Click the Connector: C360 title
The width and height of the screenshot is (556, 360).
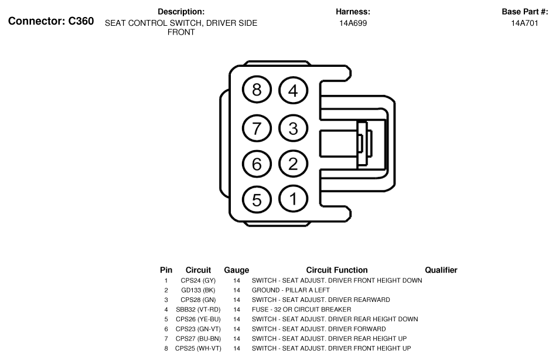click(51, 21)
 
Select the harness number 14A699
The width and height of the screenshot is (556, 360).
click(353, 23)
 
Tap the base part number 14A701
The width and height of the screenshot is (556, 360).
click(524, 23)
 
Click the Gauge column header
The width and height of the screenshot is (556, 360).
click(237, 270)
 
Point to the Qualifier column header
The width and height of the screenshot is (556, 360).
click(441, 270)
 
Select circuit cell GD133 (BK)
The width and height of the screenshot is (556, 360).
click(198, 290)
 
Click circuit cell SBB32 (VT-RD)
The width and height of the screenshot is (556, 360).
click(198, 310)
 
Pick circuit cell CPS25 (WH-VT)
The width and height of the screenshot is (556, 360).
click(198, 348)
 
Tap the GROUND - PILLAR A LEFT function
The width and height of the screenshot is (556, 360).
click(291, 290)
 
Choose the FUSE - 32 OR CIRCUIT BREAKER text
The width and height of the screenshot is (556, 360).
click(301, 310)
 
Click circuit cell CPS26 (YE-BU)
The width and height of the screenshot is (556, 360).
click(198, 319)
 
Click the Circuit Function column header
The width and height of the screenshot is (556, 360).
click(337, 270)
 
